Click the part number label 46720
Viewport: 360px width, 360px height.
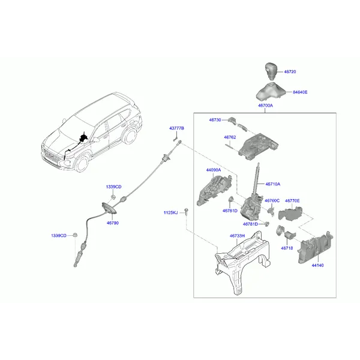tap(290, 71)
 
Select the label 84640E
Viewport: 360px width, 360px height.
tap(300, 92)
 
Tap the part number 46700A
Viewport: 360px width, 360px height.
tap(265, 106)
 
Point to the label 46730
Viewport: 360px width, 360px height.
tap(215, 120)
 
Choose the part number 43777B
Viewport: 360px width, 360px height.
tap(176, 129)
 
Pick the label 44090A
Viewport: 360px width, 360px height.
tap(214, 170)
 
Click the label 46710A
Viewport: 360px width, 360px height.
tap(272, 184)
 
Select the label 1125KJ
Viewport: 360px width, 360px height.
tap(171, 212)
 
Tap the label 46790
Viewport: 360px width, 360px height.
tap(113, 223)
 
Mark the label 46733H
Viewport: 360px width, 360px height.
tap(237, 236)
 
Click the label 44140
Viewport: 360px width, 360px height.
tap(317, 265)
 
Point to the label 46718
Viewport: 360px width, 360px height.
tap(287, 247)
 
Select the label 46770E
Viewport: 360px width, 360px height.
tap(292, 201)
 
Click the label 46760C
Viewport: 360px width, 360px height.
tap(272, 201)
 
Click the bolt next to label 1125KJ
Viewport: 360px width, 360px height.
tap(186, 212)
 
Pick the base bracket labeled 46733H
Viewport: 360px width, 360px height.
tap(237, 264)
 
